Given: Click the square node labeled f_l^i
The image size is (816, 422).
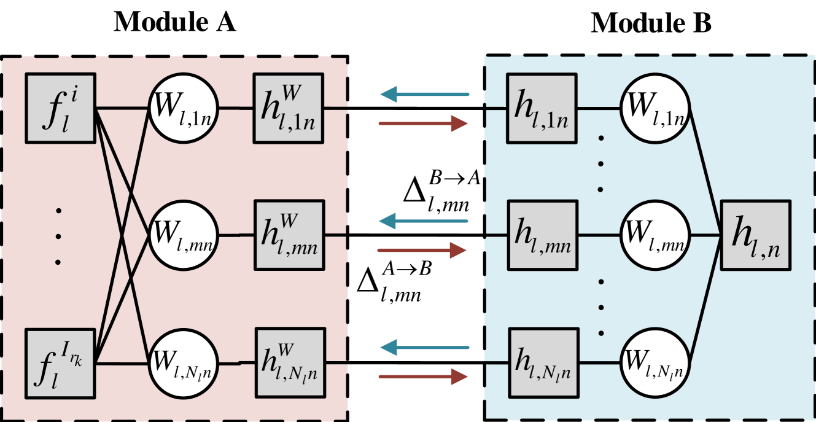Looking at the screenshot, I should coord(60,108).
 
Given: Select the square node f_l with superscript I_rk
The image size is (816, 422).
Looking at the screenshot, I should coord(60,362).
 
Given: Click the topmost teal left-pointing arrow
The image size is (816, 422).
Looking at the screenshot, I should coord(424,95).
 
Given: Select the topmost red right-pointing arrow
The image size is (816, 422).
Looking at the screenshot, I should coord(424,123).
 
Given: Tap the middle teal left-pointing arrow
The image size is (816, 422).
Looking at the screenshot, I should coord(424,221).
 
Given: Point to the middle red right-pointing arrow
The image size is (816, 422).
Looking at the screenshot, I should coord(424,250).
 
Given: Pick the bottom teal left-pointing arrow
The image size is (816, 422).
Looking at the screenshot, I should coord(424,348).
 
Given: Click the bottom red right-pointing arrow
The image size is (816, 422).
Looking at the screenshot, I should coord(424,376).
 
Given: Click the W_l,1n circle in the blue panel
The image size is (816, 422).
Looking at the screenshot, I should coord(655,108).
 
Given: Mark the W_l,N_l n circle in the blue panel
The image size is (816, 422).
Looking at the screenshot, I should coord(655,362).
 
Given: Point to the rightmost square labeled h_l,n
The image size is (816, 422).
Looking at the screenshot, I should coord(755,235).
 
